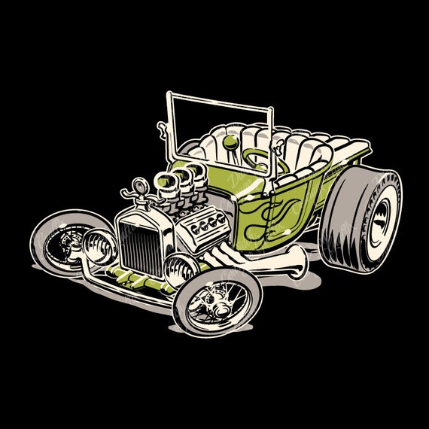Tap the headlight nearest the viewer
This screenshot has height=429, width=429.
[x=181, y=270]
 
